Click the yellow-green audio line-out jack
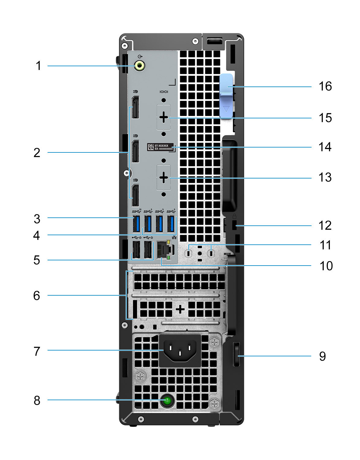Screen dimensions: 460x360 click(x=140, y=65)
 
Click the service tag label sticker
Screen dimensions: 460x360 click(x=160, y=147)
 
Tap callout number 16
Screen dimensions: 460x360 click(x=325, y=86)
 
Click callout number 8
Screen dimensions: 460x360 click(x=37, y=401)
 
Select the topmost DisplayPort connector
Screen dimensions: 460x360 click(x=135, y=107)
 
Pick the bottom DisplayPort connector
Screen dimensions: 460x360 click(x=135, y=195)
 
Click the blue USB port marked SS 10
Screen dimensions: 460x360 click(x=137, y=224)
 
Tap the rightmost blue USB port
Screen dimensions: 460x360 click(x=171, y=224)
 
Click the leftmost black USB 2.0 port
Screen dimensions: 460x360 click(x=136, y=250)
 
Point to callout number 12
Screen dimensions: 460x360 click(x=325, y=226)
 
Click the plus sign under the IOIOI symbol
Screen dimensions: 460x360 click(x=164, y=117)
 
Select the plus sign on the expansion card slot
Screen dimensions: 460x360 click(x=180, y=309)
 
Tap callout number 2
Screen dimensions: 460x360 click(x=37, y=153)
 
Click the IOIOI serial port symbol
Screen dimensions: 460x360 click(x=164, y=92)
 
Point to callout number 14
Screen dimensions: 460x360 click(x=325, y=147)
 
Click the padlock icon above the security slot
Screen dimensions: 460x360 click(x=234, y=216)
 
